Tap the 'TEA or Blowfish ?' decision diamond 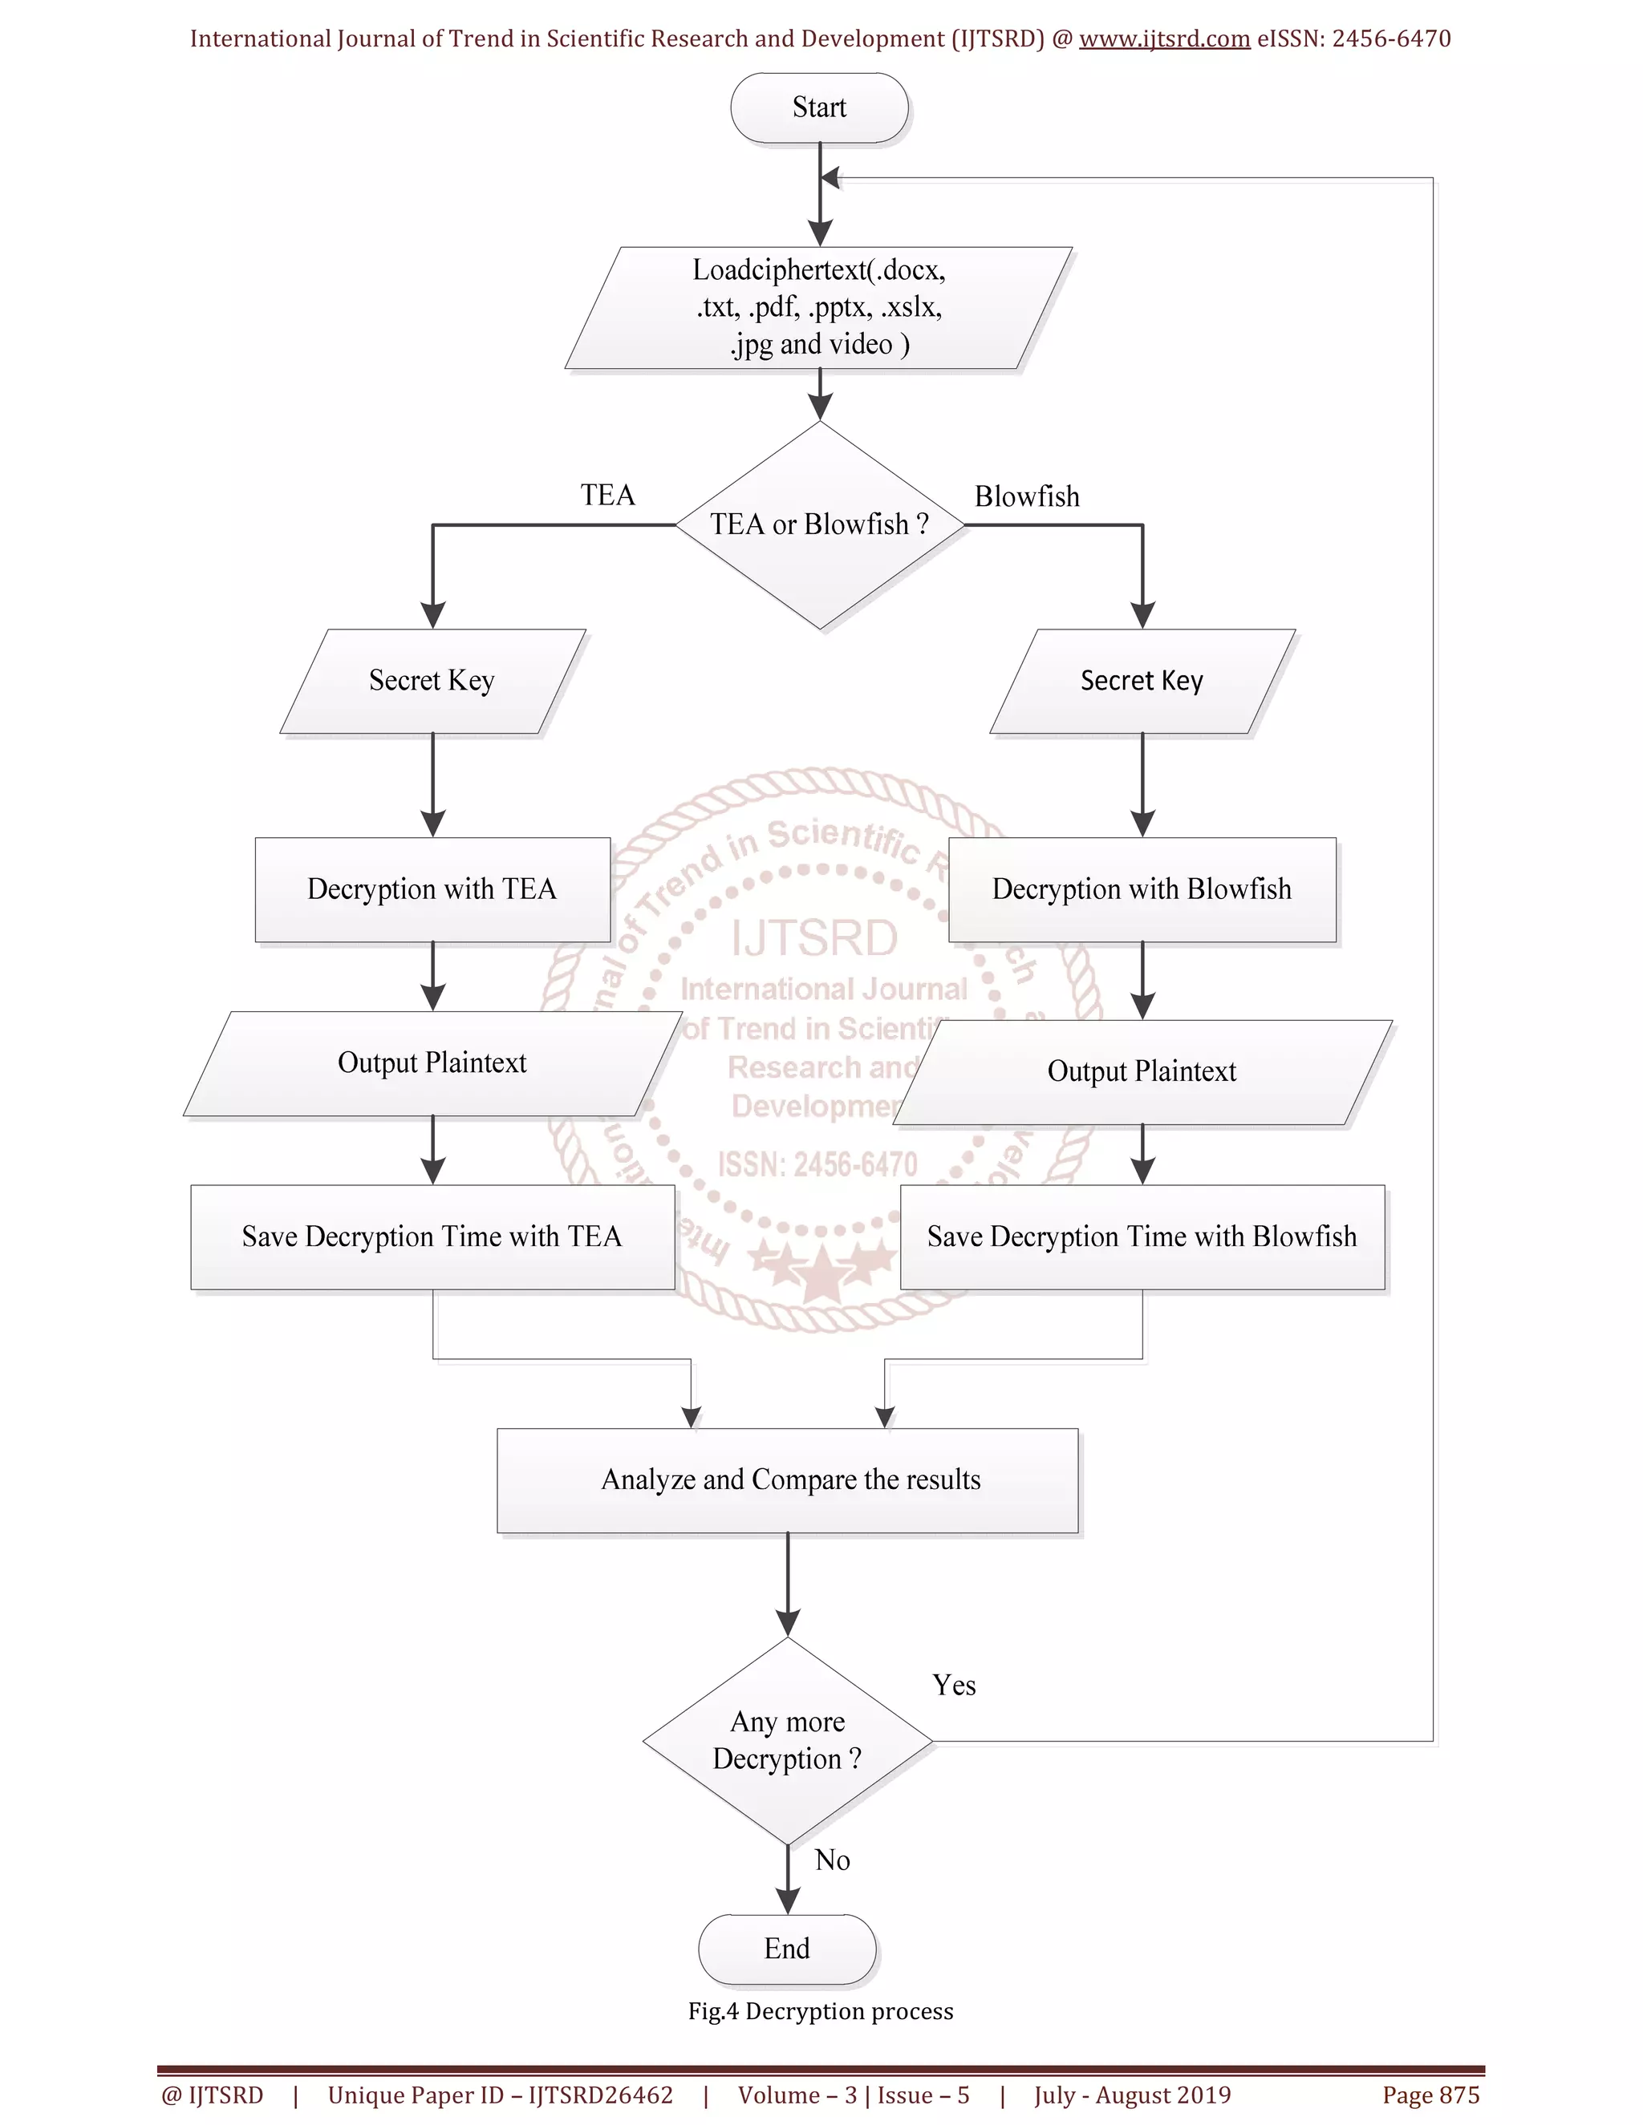click(820, 525)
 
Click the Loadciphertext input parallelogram click(818, 307)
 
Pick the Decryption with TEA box click(432, 889)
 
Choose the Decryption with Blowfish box click(1142, 889)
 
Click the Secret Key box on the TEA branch click(432, 681)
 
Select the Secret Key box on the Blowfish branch click(1142, 681)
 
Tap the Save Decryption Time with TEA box click(432, 1237)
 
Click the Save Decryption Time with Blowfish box click(1142, 1237)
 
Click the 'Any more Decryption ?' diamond click(788, 1741)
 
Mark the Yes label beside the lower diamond click(954, 1686)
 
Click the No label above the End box click(832, 1860)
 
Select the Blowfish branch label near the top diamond click(1027, 496)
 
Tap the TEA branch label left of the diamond click(607, 496)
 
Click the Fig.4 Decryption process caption click(821, 2011)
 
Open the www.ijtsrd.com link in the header click(1164, 39)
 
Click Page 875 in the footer click(1431, 2095)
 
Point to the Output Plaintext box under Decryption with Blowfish click(1142, 1071)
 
